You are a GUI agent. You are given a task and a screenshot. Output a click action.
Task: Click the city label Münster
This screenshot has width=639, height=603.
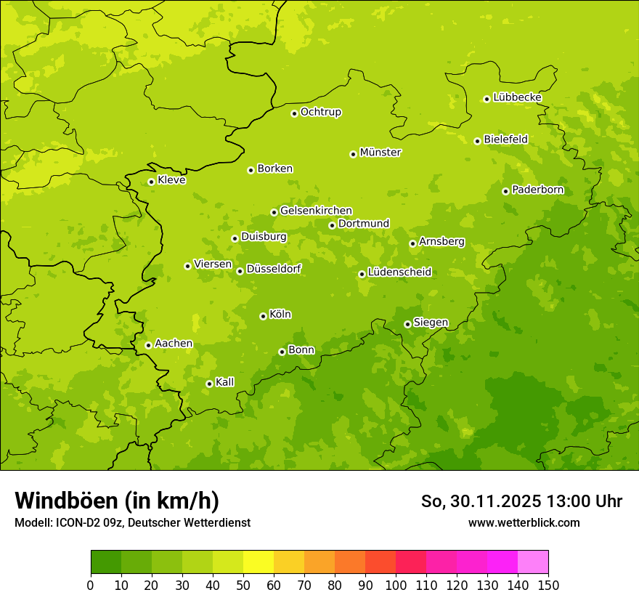380,153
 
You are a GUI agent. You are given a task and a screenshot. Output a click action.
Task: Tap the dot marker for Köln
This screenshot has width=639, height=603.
263,316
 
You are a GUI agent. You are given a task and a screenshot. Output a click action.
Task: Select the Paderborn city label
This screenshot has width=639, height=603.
537,190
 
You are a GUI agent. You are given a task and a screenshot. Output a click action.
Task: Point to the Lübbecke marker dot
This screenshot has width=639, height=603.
487,99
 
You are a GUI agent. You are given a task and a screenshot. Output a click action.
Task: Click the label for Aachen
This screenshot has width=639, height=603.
174,344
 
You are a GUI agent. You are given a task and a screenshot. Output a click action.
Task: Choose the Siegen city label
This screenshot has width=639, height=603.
431,323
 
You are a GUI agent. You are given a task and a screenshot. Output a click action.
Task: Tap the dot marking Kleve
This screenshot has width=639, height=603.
151,182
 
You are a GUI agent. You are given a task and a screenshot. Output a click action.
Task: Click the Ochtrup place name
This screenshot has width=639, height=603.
321,112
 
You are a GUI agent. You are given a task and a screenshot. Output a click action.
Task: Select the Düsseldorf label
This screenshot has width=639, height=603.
274,269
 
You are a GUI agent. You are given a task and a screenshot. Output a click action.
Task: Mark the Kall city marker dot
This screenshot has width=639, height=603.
209,384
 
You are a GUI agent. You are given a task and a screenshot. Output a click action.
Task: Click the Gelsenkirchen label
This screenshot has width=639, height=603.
316,211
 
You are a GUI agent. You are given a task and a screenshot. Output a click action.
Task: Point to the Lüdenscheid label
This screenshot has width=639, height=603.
399,272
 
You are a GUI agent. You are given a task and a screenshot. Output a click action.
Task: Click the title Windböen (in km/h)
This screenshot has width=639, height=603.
117,501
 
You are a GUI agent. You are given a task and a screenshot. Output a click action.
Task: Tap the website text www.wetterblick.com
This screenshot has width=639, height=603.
524,522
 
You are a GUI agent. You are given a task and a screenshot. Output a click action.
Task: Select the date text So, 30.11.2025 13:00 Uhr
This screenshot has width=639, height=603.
521,501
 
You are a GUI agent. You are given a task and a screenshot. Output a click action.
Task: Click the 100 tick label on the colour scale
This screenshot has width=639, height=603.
396,586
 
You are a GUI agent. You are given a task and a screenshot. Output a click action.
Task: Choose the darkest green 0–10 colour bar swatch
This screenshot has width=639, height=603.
106,562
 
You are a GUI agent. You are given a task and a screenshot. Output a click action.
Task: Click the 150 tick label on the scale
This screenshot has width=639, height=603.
548,586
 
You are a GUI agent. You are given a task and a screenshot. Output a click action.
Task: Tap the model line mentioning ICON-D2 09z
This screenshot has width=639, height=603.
132,522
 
